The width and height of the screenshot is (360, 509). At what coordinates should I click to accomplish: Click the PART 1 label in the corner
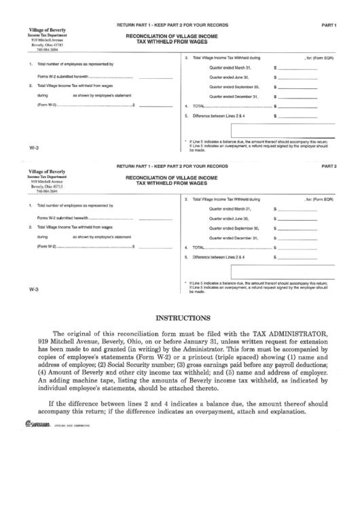click(331, 24)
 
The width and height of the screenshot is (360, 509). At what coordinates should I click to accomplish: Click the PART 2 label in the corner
click(331, 166)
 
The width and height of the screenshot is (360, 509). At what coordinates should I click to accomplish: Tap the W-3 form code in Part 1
click(34, 148)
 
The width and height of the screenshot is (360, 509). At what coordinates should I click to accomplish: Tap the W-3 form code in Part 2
click(34, 289)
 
